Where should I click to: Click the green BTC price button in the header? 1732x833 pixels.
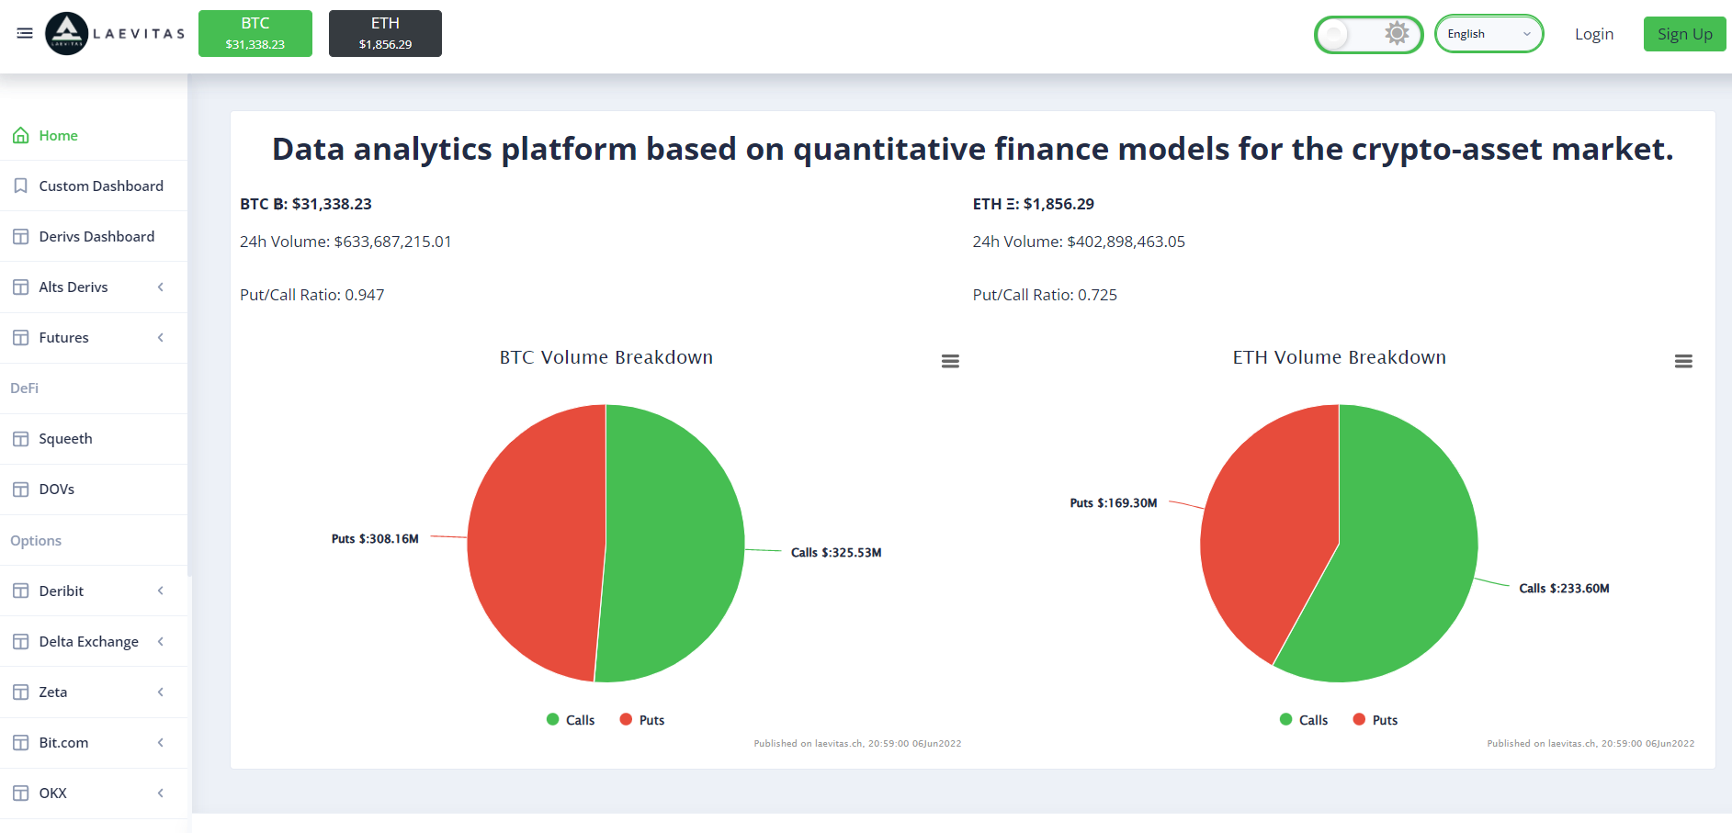click(255, 34)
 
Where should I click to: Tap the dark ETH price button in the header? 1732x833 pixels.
click(385, 34)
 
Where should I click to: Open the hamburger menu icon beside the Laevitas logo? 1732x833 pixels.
click(25, 33)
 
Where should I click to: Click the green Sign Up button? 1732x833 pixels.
click(1684, 34)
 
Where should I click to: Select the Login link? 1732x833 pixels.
click(1594, 34)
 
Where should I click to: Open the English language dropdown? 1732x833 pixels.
click(1489, 34)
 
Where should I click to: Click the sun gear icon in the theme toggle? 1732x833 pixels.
click(1397, 34)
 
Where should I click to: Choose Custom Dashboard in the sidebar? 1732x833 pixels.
click(101, 186)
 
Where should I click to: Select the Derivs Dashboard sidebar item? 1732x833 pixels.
click(96, 236)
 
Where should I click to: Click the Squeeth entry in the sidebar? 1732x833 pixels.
click(65, 439)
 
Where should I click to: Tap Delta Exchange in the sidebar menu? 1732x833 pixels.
click(88, 641)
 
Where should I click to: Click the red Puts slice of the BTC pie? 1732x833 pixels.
click(533, 542)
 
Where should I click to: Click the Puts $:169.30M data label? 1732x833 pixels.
click(1114, 503)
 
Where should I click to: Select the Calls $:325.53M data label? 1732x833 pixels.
click(836, 553)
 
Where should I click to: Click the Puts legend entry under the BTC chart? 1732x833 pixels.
click(642, 720)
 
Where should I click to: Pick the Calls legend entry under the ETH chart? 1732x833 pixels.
click(1304, 720)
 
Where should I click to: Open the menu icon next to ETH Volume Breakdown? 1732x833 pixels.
click(1683, 362)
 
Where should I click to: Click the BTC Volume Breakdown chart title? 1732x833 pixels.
click(606, 357)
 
